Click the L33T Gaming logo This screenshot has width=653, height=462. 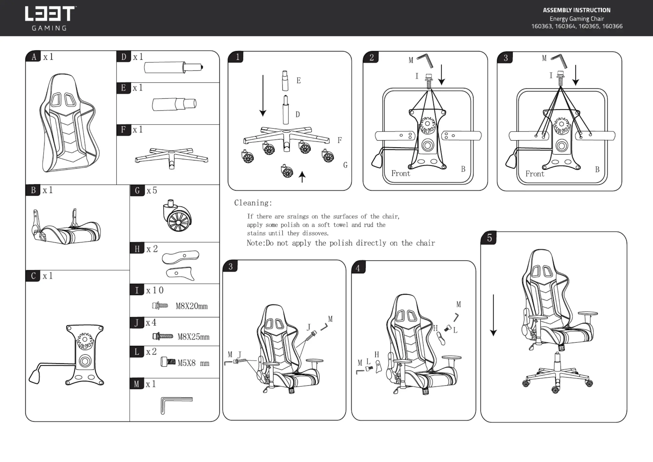coord(50,18)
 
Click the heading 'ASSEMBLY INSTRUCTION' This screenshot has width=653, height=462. coord(577,10)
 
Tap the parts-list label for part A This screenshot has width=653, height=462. coord(34,56)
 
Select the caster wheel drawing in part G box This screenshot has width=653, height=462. coord(177,215)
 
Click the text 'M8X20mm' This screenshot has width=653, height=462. coord(192,306)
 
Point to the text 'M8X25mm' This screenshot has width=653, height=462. coord(193,337)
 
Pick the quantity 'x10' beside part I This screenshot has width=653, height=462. coord(155,290)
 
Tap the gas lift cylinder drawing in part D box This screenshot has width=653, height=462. coord(173,68)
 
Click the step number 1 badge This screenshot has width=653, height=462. coord(237,57)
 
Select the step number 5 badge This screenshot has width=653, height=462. coord(489,238)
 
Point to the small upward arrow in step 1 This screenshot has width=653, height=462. coord(302,177)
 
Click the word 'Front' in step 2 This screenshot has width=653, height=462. coord(401,174)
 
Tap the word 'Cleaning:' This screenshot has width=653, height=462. coord(253,203)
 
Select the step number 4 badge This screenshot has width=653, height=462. coord(358,268)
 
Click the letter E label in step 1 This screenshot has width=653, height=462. coord(298,81)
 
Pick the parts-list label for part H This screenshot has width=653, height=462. coord(137,249)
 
